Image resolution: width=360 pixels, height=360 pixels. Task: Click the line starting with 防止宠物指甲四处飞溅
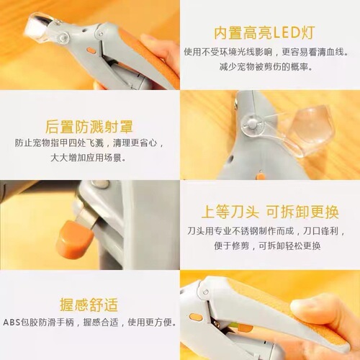pyautogui.click(x=89, y=142)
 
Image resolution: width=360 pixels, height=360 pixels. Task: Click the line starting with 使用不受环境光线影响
pyautogui.click(x=268, y=53)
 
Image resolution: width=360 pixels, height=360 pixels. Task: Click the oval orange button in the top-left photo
pyautogui.click(x=91, y=52)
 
